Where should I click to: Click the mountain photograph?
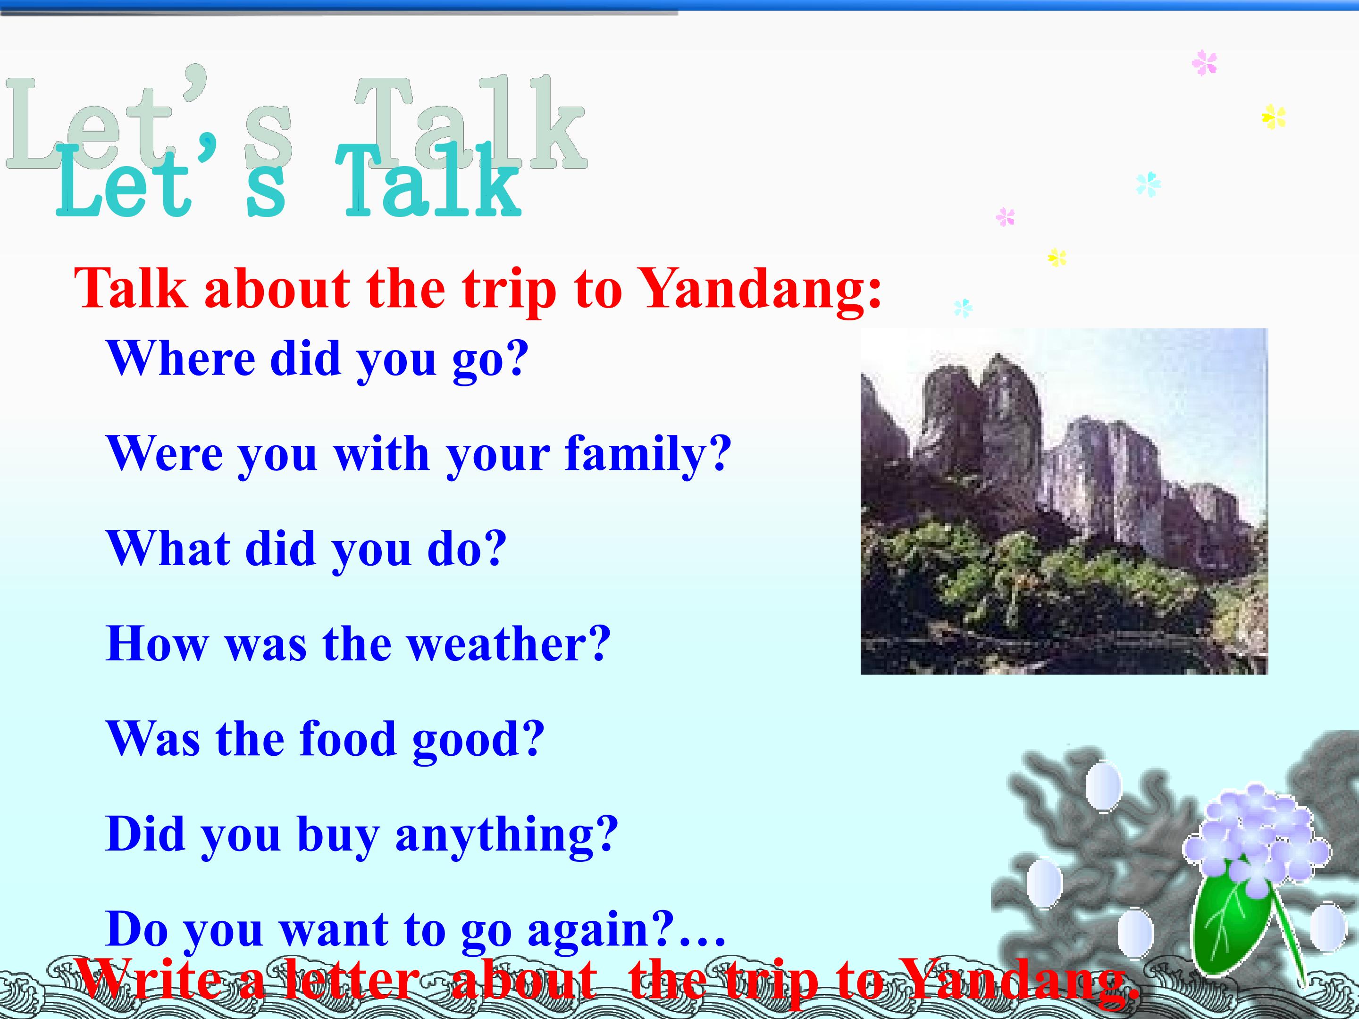(x=1064, y=501)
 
